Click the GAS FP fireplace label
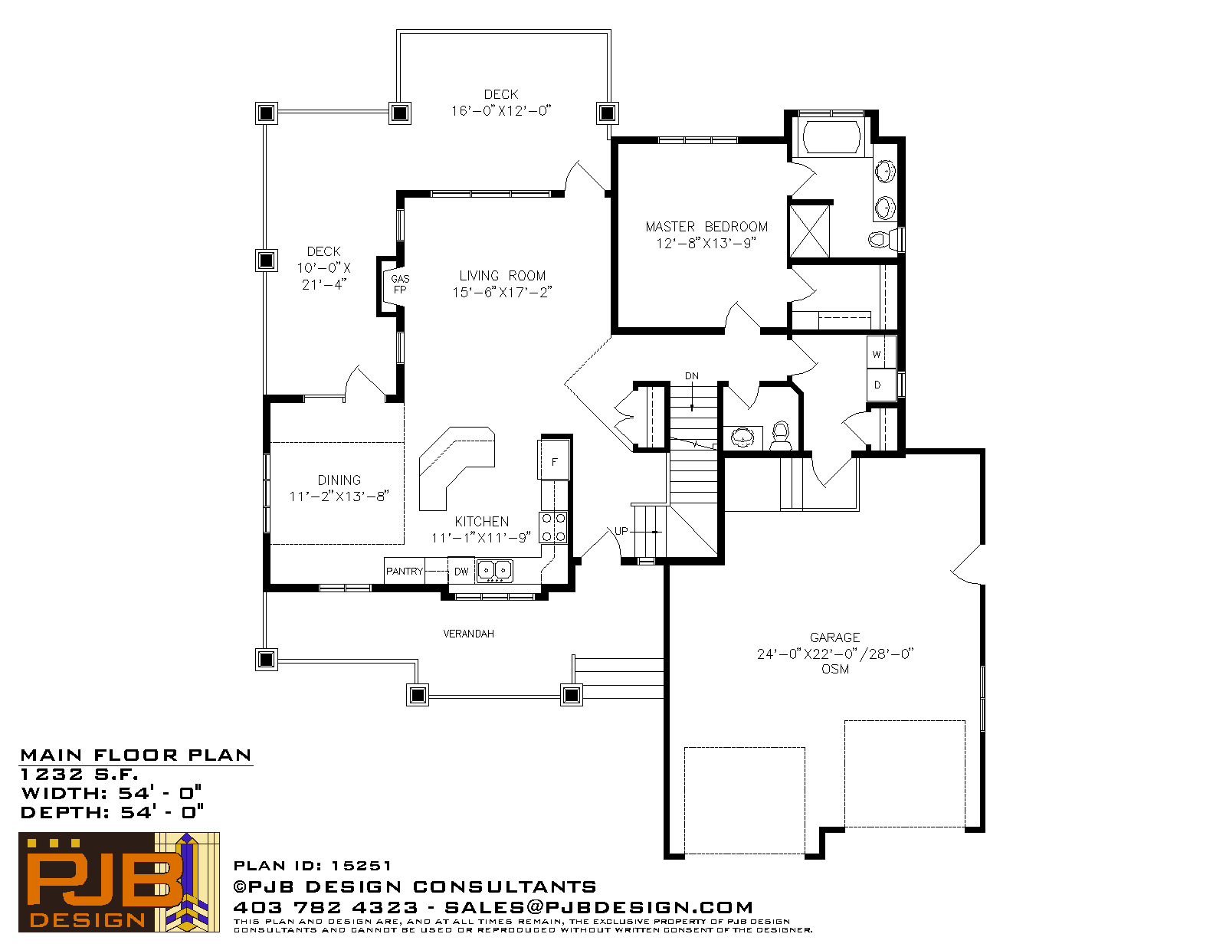tap(400, 284)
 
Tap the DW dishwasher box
tap(461, 571)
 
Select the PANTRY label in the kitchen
tap(405, 571)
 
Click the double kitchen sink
tap(495, 570)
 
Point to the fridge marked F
tap(554, 460)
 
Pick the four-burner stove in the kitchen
tap(553, 527)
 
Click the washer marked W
tap(880, 352)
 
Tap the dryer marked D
tap(880, 385)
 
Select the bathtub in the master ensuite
tap(831, 136)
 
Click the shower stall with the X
tap(809, 231)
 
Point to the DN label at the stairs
tap(692, 375)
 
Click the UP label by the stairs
tap(621, 531)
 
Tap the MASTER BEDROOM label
tap(706, 227)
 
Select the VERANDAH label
tap(468, 634)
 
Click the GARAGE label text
tap(834, 637)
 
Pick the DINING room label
tap(339, 480)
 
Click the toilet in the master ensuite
tap(883, 239)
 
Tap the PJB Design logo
tap(119, 882)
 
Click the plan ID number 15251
tap(361, 866)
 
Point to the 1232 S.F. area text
tap(79, 774)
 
